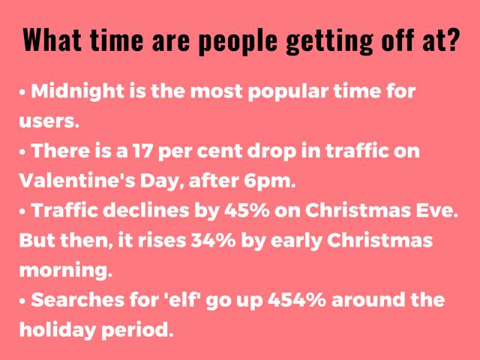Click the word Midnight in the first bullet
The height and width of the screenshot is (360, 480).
coord(77,91)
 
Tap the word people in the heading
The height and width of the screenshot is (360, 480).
coord(238,41)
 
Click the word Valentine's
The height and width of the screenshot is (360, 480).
coord(77,181)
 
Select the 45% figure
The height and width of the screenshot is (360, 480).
coord(247,211)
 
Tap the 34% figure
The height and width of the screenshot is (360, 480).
coord(213,241)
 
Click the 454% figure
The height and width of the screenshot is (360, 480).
coord(297,300)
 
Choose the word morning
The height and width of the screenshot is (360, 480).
coord(66,271)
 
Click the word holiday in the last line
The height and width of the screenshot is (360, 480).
coord(57,330)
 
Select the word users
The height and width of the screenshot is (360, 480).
coord(49,121)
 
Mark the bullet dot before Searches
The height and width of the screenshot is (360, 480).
coord(22,301)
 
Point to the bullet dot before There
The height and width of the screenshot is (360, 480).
coord(22,152)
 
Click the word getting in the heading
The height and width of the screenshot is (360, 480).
coord(329,41)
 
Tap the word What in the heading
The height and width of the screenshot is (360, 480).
coord(52,40)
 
